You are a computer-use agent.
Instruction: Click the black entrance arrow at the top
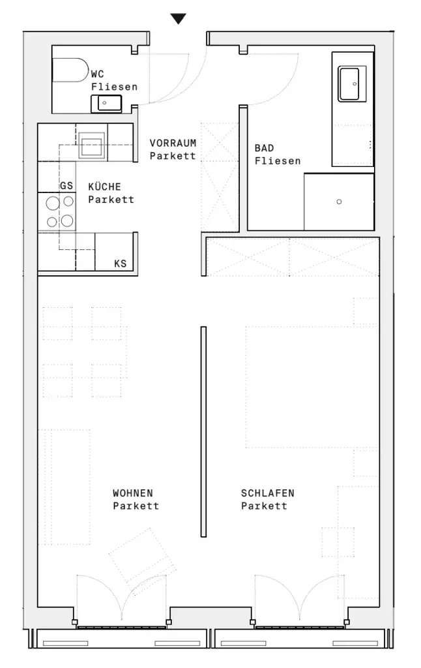(x=178, y=19)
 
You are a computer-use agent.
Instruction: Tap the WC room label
(x=97, y=75)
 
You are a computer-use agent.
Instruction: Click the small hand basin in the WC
(x=106, y=103)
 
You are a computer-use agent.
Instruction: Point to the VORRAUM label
(x=173, y=142)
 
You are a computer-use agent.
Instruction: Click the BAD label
(x=264, y=149)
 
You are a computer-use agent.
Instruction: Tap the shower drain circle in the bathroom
(x=339, y=202)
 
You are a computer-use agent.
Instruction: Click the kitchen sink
(x=91, y=145)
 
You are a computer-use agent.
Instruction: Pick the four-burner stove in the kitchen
(x=57, y=212)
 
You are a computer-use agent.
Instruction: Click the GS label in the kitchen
(x=66, y=186)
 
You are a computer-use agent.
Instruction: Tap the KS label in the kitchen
(x=120, y=264)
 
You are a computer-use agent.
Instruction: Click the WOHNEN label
(x=133, y=493)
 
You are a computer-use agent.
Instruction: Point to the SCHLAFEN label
(x=267, y=493)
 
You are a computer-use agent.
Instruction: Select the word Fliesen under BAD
(x=278, y=160)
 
